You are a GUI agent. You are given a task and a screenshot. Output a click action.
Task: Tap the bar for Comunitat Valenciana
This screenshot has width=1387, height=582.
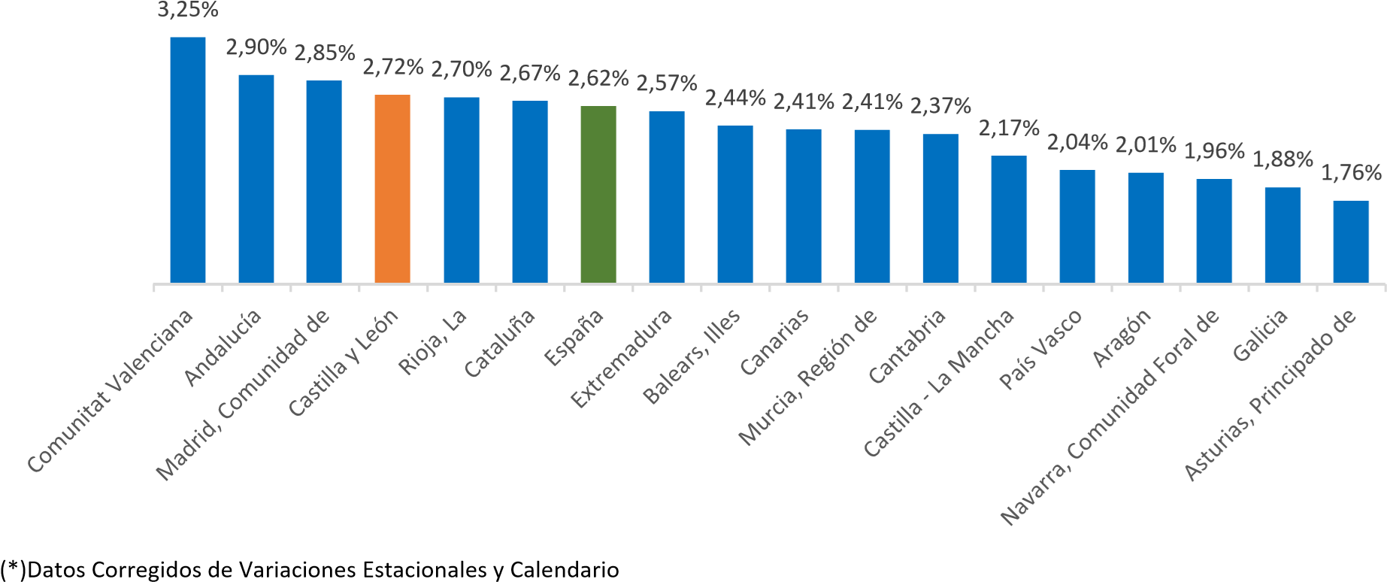pyautogui.click(x=188, y=159)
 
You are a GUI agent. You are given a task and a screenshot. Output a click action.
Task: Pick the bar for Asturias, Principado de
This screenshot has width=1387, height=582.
pyautogui.click(x=1351, y=241)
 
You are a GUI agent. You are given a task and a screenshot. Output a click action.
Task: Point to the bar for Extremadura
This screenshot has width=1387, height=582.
pyautogui.click(x=667, y=197)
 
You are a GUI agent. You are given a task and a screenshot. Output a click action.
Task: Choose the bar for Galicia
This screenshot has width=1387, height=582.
pyautogui.click(x=1283, y=235)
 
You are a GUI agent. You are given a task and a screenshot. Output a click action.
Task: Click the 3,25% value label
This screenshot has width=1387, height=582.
pyautogui.click(x=188, y=11)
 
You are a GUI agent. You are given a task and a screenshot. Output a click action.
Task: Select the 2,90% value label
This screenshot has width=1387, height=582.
pyautogui.click(x=256, y=48)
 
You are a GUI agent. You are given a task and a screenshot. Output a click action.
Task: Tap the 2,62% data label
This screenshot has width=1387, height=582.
pyautogui.click(x=598, y=79)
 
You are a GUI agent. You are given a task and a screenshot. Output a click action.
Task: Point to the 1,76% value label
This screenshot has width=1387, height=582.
pyautogui.click(x=1351, y=174)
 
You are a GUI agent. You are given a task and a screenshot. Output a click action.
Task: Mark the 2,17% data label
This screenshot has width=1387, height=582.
pyautogui.click(x=1009, y=129)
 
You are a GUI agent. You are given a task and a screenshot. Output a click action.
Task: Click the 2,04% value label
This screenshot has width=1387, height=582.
pyautogui.click(x=1077, y=142)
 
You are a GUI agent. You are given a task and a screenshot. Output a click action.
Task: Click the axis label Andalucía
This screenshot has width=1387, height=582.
pyautogui.click(x=224, y=347)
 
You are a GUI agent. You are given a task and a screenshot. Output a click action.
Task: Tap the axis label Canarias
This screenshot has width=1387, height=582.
pyautogui.click(x=775, y=342)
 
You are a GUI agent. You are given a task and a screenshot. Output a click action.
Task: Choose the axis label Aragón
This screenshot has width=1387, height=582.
pyautogui.click(x=1122, y=338)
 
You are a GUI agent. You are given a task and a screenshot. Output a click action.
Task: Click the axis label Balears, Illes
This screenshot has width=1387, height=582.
pyautogui.click(x=694, y=356)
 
